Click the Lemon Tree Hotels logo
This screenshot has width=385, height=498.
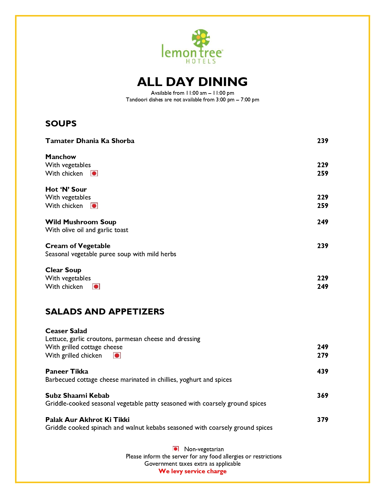[192, 46]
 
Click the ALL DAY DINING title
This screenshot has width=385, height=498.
[192, 82]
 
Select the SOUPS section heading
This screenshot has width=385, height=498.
[61, 123]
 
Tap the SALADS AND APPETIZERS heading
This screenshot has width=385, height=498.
[105, 311]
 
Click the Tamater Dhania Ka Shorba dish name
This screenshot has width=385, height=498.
[90, 141]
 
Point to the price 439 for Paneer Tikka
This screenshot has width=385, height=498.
[322, 371]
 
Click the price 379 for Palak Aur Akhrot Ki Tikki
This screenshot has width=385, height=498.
[322, 420]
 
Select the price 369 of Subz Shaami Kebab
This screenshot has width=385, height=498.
[322, 395]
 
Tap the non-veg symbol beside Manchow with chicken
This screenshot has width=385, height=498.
[94, 173]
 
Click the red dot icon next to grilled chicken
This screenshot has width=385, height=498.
[117, 355]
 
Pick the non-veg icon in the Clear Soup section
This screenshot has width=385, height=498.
[96, 286]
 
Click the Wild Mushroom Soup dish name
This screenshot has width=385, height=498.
[81, 222]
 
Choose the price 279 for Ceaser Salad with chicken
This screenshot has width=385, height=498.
[322, 355]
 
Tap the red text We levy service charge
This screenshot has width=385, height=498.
[192, 471]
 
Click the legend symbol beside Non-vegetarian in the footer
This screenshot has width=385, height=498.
[176, 449]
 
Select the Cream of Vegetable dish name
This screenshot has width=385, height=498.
[78, 246]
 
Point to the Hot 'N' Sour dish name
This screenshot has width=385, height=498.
[66, 189]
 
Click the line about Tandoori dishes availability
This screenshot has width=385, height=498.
[192, 100]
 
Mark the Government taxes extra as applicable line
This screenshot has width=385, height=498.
[192, 464]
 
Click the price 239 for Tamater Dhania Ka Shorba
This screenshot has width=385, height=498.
[322, 141]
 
